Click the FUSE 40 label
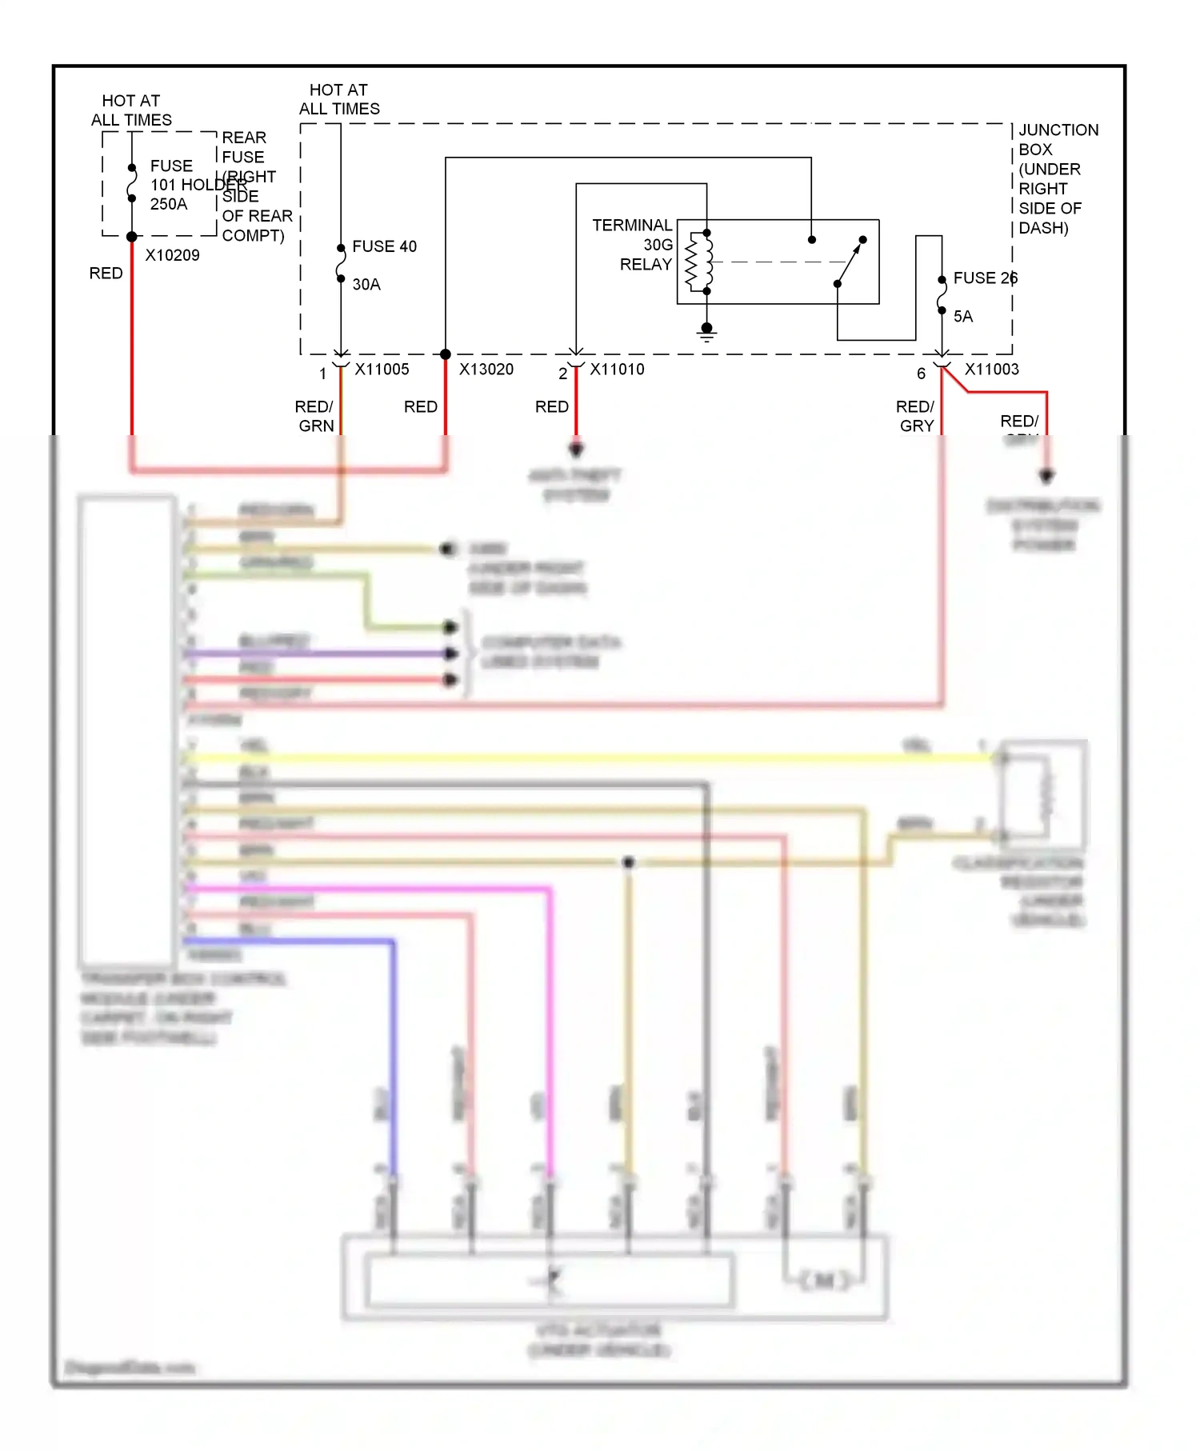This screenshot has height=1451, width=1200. (x=384, y=246)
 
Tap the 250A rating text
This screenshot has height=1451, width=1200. (x=169, y=204)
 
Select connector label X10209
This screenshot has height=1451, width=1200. (x=172, y=255)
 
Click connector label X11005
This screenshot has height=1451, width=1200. (x=382, y=370)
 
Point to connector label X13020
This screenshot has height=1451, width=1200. (x=486, y=370)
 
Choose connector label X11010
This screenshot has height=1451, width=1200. (x=617, y=370)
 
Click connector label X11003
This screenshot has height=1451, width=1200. (x=991, y=370)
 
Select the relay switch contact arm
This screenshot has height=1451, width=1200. (x=850, y=262)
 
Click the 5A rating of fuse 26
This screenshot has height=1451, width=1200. (x=962, y=317)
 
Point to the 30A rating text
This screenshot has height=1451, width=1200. (x=366, y=285)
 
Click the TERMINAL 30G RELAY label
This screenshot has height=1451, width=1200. (x=633, y=245)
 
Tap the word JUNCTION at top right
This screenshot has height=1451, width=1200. (x=1058, y=130)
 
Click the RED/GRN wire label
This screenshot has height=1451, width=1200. (x=314, y=416)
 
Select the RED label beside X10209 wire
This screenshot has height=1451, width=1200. (x=106, y=274)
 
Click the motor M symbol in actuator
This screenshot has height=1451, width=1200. (x=824, y=1281)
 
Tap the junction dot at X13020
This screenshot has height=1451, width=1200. (x=446, y=354)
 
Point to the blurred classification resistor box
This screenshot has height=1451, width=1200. (x=1044, y=793)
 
